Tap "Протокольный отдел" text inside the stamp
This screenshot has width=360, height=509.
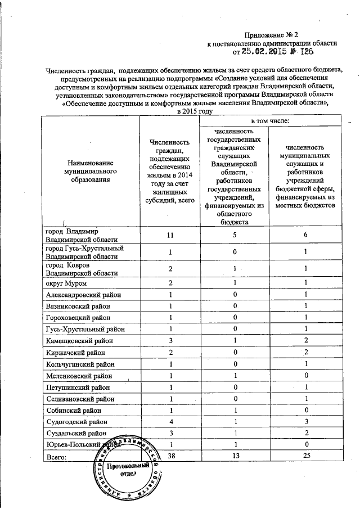[x=129, y=470]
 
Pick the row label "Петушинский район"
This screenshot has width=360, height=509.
[x=79, y=387]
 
